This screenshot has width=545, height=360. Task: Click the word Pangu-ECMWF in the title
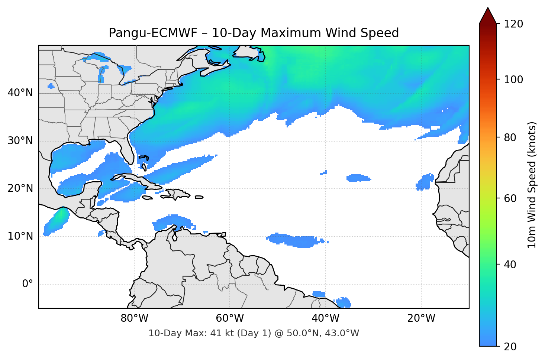click(153, 33)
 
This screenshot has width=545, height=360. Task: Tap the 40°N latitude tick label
click(20, 93)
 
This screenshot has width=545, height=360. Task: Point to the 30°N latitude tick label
click(20, 141)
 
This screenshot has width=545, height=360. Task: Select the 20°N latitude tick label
click(20, 188)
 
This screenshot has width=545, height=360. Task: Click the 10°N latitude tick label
click(20, 236)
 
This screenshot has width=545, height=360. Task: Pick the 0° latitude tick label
click(27, 284)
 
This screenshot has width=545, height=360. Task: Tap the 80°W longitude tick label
click(135, 318)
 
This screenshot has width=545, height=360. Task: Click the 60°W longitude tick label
click(230, 318)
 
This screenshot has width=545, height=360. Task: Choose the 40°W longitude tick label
click(326, 318)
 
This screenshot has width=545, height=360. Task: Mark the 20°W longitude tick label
click(421, 318)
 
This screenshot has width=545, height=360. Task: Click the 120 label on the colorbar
click(513, 24)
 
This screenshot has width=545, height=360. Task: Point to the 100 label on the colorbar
click(513, 80)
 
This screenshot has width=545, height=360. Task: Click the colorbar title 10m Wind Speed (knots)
click(532, 185)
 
